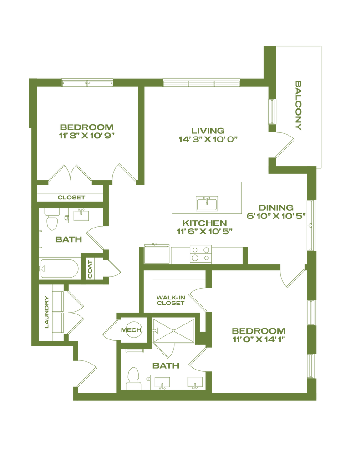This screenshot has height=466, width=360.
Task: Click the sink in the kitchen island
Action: click(x=207, y=203)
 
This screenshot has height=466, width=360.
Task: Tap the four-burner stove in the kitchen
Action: click(x=200, y=254)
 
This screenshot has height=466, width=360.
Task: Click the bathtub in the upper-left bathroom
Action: click(x=60, y=268)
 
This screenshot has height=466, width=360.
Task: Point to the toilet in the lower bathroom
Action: click(x=133, y=378)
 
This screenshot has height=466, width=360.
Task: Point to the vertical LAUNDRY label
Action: click(x=46, y=311)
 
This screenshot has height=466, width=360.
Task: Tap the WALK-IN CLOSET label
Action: click(x=170, y=301)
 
